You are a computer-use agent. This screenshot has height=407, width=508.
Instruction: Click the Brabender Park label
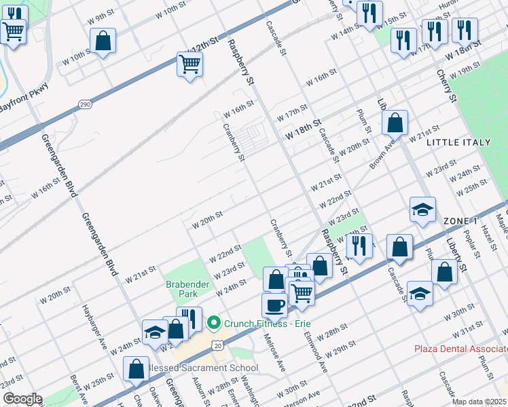(x=181, y=289)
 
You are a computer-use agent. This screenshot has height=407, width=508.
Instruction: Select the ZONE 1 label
(x=460, y=222)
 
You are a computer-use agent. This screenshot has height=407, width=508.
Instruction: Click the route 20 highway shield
(x=217, y=345)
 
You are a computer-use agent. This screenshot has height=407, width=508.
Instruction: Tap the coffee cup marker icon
(x=274, y=305)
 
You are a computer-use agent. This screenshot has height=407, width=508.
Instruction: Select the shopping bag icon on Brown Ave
(x=395, y=123)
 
